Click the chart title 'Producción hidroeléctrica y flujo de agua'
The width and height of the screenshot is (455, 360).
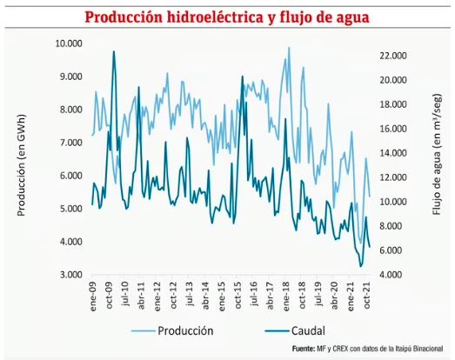(226, 16)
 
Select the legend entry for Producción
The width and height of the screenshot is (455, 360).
(185, 330)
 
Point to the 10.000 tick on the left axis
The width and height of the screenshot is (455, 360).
(69, 43)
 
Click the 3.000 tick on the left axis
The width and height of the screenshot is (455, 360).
(69, 275)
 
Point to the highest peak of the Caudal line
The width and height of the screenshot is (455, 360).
(114, 51)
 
